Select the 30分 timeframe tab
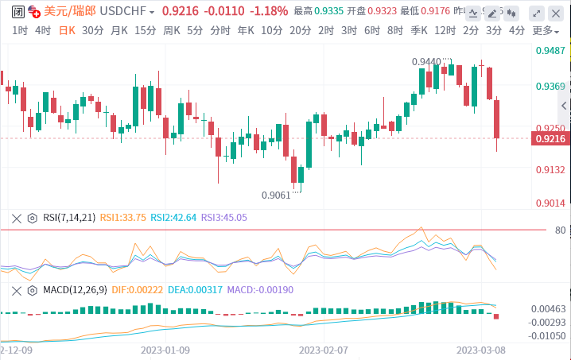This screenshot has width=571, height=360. tap(92, 30)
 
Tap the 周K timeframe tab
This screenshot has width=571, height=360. tap(171, 30)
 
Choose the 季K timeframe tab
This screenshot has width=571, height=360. tap(418, 30)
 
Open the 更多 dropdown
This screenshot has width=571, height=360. tap(544, 30)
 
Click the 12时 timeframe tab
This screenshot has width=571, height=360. tap(445, 30)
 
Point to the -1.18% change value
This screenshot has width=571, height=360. tap(268, 12)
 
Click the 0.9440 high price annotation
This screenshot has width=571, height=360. tap(427, 61)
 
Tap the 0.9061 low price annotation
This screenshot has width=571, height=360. tap(276, 195)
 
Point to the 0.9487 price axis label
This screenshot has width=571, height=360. tap(551, 50)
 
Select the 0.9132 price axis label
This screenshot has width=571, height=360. tap(551, 169)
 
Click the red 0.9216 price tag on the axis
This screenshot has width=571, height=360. tap(551, 139)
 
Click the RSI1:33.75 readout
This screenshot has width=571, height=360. tap(123, 217)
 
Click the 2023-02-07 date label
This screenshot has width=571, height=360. tap(324, 349)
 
